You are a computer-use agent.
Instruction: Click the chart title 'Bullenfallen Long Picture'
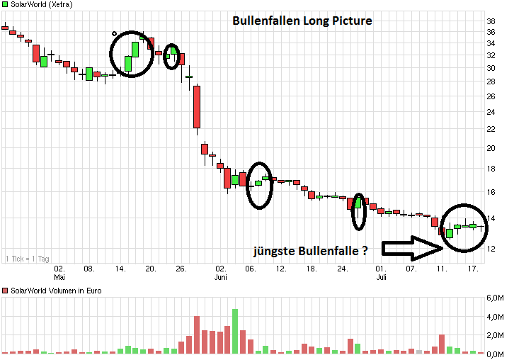tap(302, 21)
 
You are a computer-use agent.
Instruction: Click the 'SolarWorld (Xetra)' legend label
tap(40, 5)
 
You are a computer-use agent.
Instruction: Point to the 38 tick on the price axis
tap(490, 21)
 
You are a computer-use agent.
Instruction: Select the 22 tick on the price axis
tap(490, 129)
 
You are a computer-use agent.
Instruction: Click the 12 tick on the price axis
tap(490, 248)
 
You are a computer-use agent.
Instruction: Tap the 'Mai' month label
tap(59, 277)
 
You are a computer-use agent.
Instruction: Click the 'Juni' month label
tap(221, 277)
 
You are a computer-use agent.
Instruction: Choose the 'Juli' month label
tap(381, 277)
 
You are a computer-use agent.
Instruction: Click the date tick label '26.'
tap(181, 269)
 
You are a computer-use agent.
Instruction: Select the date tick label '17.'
tap(473, 269)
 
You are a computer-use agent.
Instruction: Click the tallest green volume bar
tap(235, 331)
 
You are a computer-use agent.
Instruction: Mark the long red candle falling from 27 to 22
tap(197, 106)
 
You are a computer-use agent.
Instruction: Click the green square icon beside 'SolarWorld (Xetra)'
tap(6, 5)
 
